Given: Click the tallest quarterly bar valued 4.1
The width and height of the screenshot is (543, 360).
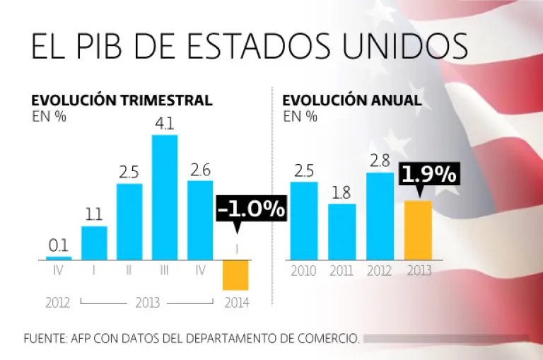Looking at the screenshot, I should (x=165, y=197).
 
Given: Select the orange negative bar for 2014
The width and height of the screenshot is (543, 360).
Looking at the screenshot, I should (x=235, y=274).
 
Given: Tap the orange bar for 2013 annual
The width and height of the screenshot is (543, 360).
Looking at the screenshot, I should (x=417, y=230).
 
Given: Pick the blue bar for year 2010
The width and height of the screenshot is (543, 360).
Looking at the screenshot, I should (x=304, y=220).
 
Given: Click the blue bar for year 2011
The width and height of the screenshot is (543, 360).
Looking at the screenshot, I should (x=342, y=231).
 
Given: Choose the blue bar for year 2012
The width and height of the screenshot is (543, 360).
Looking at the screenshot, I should (x=380, y=216).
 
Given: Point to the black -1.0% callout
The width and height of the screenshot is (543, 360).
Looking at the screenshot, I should (x=251, y=209).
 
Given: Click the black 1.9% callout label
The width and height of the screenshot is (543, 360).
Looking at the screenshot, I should (x=428, y=175).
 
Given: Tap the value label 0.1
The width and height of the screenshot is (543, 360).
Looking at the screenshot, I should (x=58, y=245).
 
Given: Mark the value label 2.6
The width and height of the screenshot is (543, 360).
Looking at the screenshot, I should (x=200, y=170).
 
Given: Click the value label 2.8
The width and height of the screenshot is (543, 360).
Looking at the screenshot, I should (x=380, y=161).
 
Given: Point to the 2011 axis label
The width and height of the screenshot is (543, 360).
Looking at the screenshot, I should (x=342, y=270).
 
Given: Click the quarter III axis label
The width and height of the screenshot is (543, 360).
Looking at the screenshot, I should (x=165, y=270).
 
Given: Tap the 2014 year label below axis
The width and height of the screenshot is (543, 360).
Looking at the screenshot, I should (x=235, y=303).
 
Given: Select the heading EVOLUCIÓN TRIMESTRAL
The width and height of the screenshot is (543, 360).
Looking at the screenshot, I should (x=122, y=100).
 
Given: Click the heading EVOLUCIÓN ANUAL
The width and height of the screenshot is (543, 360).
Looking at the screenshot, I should (x=352, y=100).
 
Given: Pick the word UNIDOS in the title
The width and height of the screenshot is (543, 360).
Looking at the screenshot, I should (x=399, y=46).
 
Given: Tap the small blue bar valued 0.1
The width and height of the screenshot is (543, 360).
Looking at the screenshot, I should (x=59, y=257).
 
